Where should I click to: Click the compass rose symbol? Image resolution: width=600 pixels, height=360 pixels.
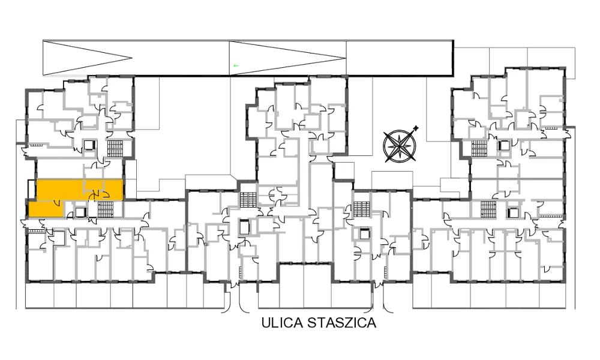(400, 145)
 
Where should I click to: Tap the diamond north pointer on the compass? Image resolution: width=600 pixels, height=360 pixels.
(416, 128)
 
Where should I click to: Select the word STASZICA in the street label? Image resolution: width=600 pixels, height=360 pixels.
(342, 323)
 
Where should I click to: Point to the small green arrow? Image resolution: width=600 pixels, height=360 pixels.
(236, 66)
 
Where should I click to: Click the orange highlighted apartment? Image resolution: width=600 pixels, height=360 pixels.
(76, 198)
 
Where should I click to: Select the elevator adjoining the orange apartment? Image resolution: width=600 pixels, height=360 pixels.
(80, 212)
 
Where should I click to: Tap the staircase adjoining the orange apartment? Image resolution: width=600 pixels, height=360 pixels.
(104, 209)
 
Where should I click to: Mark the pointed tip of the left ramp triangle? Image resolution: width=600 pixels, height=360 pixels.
(132, 58)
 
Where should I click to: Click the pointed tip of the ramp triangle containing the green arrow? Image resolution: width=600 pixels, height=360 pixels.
(346, 58)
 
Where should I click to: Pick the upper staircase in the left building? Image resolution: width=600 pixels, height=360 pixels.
(115, 148)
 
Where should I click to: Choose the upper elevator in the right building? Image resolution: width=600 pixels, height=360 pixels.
(504, 146)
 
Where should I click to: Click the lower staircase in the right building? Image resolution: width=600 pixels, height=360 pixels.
(488, 209)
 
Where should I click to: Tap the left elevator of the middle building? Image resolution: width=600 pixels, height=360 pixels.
(244, 227)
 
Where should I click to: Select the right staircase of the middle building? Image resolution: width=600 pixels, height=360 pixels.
(362, 209)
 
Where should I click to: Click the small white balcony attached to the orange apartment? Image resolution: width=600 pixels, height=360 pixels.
(32, 189)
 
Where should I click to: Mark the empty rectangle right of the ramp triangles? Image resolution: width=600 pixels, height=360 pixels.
(400, 58)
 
